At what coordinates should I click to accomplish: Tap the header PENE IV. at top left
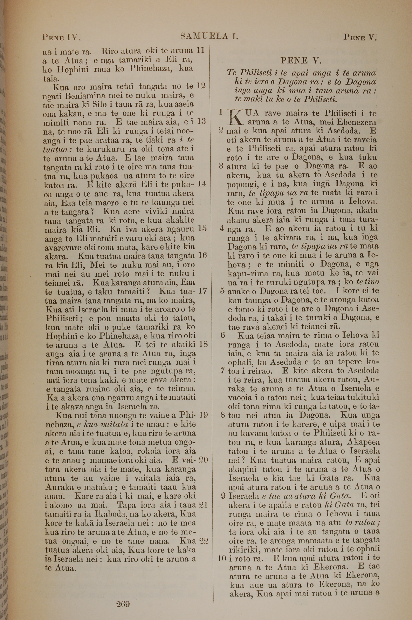pyautogui.click(x=61, y=38)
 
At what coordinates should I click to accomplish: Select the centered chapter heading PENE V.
pyautogui.click(x=301, y=61)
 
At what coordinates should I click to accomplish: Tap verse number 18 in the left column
pyautogui.click(x=203, y=344)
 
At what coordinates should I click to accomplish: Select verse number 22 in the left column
pyautogui.click(x=204, y=541)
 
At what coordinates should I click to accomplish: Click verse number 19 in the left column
pyautogui.click(x=203, y=415)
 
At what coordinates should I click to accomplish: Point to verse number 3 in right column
pyautogui.click(x=221, y=166)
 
